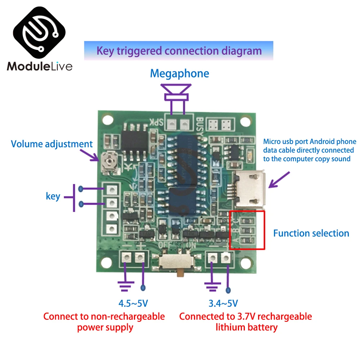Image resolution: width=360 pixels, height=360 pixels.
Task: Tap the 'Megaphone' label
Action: (179, 73)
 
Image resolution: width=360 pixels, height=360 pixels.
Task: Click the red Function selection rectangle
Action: (247, 230)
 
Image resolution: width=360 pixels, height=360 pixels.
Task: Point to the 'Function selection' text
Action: (311, 233)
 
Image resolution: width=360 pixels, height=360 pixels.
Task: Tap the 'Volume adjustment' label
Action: (52, 144)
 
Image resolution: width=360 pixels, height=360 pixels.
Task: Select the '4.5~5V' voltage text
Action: (133, 303)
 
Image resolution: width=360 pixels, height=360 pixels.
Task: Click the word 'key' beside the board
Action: (53, 196)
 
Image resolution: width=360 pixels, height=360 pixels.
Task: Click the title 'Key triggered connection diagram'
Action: (179, 51)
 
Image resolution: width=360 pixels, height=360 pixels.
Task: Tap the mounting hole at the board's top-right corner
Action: (246, 121)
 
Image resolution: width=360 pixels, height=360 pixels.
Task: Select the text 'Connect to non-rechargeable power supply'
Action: (104, 322)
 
